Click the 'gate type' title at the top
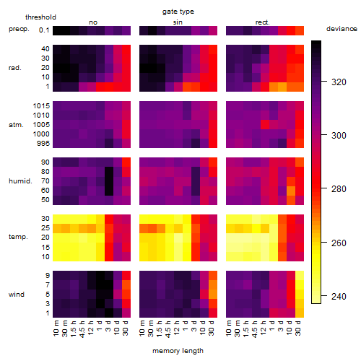tap(178, 12)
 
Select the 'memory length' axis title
tap(178, 351)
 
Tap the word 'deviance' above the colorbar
tap(342, 29)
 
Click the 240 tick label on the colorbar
tap(339, 297)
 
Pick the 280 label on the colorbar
tap(339, 189)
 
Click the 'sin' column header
tap(178, 22)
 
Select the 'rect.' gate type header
tap(263, 22)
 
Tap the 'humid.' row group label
tap(20, 181)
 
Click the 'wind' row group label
tap(17, 295)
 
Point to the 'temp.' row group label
tap(18, 237)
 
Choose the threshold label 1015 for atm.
tap(41, 106)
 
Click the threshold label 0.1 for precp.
tap(44, 30)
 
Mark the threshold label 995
tap(43, 144)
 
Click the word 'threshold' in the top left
tap(40, 17)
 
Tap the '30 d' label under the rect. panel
tap(298, 328)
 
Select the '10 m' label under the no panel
tap(56, 328)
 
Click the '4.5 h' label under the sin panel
tap(168, 329)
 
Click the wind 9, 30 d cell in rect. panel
tap(300, 276)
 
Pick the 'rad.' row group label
tap(15, 68)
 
